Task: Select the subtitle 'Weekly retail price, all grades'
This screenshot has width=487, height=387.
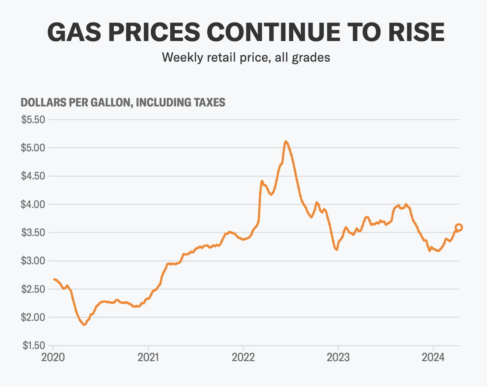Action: pos(246,57)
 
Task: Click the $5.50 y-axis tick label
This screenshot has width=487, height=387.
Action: pos(33,120)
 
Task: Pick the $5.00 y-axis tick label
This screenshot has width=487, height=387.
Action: pos(33,148)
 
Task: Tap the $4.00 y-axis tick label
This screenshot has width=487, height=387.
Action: pos(33,205)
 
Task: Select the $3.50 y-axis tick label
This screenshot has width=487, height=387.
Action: pos(33,233)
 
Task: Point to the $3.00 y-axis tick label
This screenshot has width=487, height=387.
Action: pos(33,261)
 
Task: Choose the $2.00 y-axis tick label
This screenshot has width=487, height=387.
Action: pos(33,317)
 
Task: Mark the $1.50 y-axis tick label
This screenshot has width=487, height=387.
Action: pos(33,346)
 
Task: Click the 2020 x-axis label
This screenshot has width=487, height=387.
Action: pos(53,358)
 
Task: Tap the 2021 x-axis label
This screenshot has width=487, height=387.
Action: pos(148,358)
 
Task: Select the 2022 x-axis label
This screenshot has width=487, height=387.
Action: pos(243,358)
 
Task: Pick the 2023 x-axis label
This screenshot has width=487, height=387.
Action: pos(338,358)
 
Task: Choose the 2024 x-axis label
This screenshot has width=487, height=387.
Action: pos(433,358)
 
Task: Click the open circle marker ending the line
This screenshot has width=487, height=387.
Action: pos(459,227)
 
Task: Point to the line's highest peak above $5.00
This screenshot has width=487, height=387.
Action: pos(286,141)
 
